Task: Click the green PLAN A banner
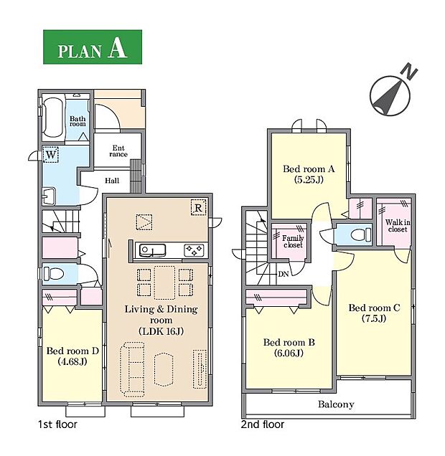pyautogui.click(x=93, y=47)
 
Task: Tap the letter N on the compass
pyautogui.click(x=409, y=72)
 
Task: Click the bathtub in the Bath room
pyautogui.click(x=53, y=118)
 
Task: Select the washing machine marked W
pyautogui.click(x=51, y=155)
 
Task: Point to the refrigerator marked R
pyautogui.click(x=198, y=208)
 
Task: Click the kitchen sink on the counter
pyautogui.click(x=152, y=250)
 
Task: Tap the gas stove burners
pyautogui.click(x=194, y=250)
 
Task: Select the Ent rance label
pyautogui.click(x=118, y=151)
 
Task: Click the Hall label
pyautogui.click(x=112, y=181)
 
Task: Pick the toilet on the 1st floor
pyautogui.click(x=54, y=274)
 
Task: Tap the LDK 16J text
pyautogui.click(x=161, y=331)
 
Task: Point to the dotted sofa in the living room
pyautogui.click(x=133, y=369)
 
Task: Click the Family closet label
pyautogui.click(x=293, y=242)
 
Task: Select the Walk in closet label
pyautogui.click(x=398, y=226)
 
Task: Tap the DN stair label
pyautogui.click(x=284, y=274)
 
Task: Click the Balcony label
pyautogui.click(x=336, y=404)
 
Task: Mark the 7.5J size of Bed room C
pyautogui.click(x=374, y=318)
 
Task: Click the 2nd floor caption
pyautogui.click(x=263, y=424)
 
